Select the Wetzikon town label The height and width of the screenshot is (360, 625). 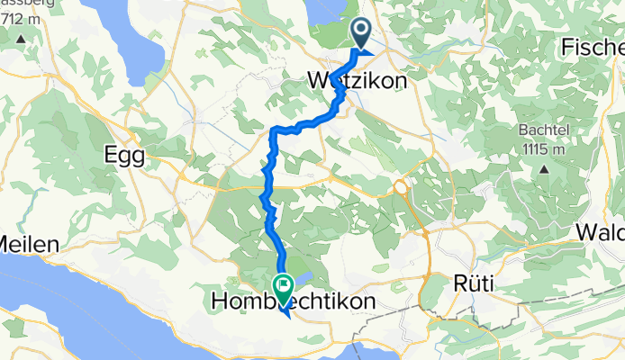(x=358, y=80)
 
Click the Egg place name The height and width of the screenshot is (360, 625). (x=125, y=155)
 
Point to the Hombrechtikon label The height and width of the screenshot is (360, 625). (x=293, y=302)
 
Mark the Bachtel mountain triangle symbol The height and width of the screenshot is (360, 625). (x=544, y=168)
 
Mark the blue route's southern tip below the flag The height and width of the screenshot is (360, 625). (x=285, y=314)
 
